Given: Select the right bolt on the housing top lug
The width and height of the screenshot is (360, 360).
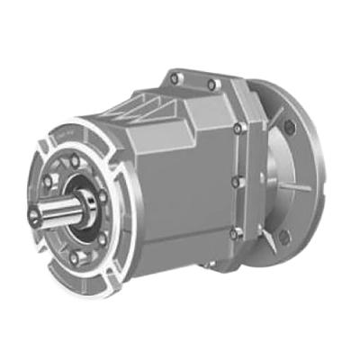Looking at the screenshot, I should [212, 85].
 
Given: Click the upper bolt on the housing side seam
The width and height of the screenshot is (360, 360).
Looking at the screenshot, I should [236, 129].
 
